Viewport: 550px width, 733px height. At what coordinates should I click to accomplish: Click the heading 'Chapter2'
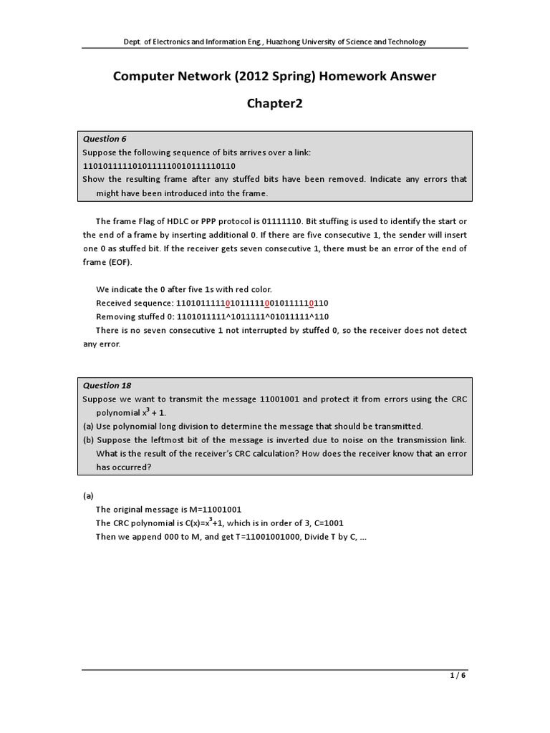[275, 105]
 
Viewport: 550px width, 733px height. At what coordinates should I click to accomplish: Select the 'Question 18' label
[107, 385]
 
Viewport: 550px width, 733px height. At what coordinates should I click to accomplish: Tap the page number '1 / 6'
[458, 674]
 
